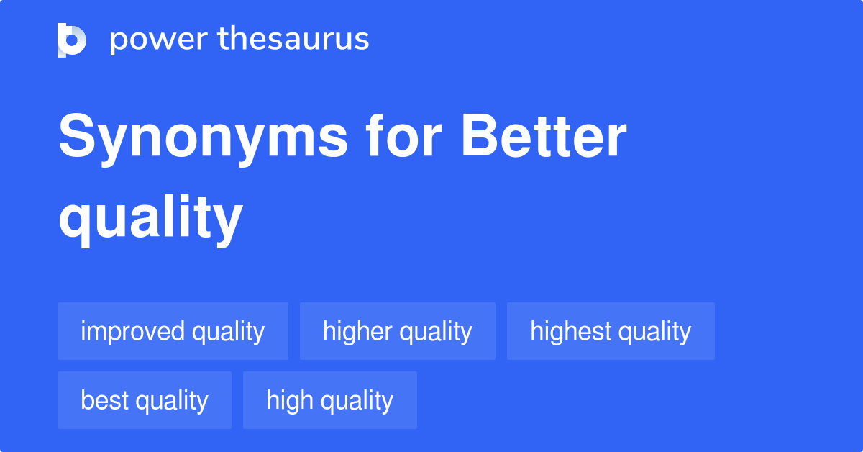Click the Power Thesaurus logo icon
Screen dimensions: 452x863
(x=72, y=40)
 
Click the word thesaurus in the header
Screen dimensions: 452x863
(x=293, y=40)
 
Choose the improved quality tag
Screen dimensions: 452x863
(x=173, y=331)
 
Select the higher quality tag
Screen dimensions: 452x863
(x=398, y=331)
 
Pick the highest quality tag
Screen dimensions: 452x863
(x=611, y=331)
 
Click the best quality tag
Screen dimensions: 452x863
(x=145, y=400)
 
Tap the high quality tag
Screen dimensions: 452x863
(x=330, y=400)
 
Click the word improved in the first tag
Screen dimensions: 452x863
(x=132, y=331)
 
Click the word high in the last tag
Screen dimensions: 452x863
(x=288, y=400)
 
